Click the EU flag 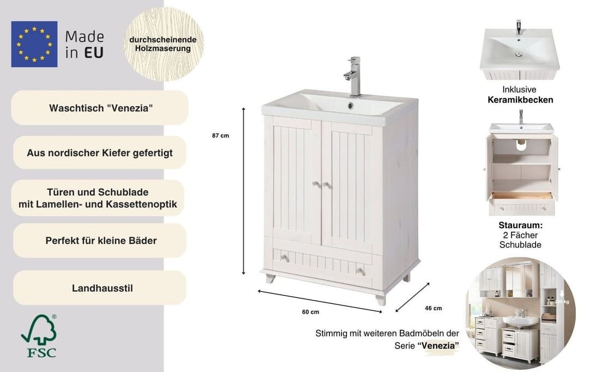pos(34,44)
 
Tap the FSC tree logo pos(39,336)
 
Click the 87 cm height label pos(220,136)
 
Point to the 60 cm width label pos(311,312)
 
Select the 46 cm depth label pos(434,308)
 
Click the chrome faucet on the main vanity pos(353,76)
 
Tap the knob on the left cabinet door pos(316,184)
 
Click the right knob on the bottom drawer pos(359,271)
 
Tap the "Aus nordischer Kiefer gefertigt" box pos(100,153)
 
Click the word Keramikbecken pos(520,100)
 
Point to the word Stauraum pos(520,225)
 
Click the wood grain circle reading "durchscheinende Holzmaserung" pos(164,44)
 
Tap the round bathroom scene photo pos(520,313)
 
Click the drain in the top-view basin pos(519,54)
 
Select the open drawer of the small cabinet pos(522,203)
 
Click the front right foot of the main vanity pos(381,299)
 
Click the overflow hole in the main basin pos(351,106)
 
